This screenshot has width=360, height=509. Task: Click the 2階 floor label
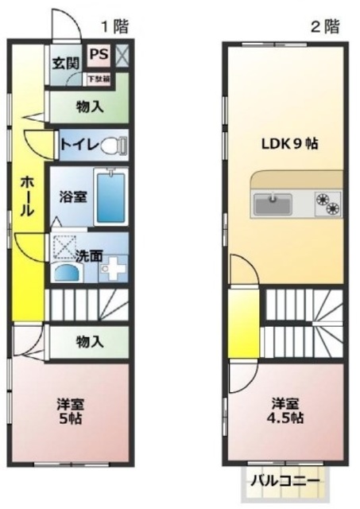(324, 25)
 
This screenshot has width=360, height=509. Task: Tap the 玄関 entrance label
(65, 63)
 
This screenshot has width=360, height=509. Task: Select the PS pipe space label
(99, 54)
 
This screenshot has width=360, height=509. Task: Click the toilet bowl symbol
(116, 145)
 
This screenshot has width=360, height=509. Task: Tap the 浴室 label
(72, 196)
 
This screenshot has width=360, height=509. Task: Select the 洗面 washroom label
(89, 255)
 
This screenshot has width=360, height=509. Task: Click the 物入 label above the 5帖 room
(89, 342)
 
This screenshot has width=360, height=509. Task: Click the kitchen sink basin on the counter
(273, 204)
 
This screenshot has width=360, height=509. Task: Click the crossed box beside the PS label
(122, 55)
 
